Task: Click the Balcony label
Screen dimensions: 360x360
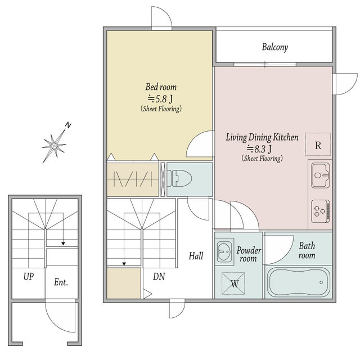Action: pos(275,47)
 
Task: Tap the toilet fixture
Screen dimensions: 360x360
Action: pos(179,178)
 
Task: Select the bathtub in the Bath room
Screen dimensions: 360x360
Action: pos(299,282)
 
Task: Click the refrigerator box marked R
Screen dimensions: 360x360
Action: pos(318,145)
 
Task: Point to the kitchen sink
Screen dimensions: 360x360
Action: pos(320,175)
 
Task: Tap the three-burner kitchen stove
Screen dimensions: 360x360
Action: pos(320,211)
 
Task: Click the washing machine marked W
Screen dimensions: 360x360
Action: pos(233,283)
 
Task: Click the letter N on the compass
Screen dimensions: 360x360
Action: pos(68,125)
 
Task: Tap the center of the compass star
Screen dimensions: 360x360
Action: pos(54,145)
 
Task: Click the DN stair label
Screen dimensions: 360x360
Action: pos(159,277)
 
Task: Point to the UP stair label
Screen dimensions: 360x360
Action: pos(29,277)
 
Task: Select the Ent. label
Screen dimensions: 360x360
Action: pos(61,282)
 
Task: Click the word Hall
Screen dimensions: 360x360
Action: pos(196,256)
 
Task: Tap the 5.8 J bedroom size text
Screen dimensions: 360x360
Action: pos(160,99)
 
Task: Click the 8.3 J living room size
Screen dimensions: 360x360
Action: pos(259,149)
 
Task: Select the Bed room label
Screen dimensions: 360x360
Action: pos(161,87)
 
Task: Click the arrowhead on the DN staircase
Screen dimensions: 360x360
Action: pos(124,264)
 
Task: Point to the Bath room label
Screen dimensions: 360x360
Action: pos(307,251)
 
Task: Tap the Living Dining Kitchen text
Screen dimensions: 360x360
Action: pos(262,137)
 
